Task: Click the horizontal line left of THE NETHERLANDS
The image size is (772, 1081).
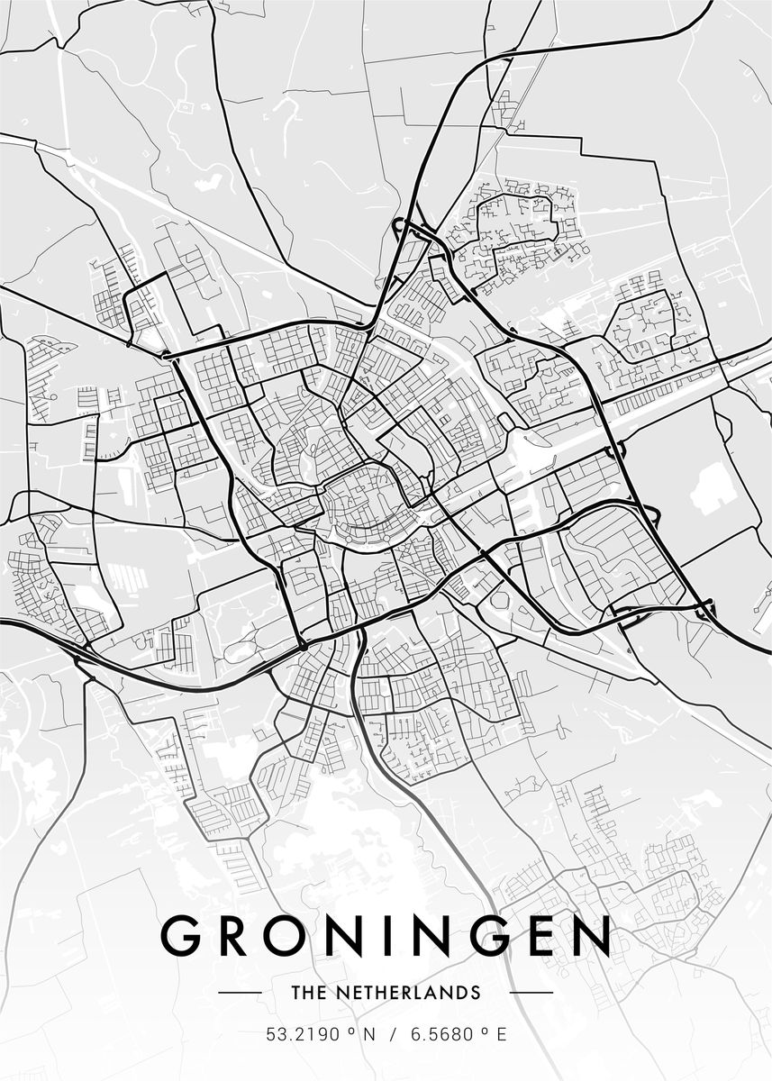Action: tap(241, 993)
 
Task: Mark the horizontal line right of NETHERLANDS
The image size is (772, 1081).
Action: tap(531, 993)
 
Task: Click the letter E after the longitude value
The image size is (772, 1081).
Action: tap(502, 1035)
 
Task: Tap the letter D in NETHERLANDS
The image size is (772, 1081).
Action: tap(461, 993)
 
